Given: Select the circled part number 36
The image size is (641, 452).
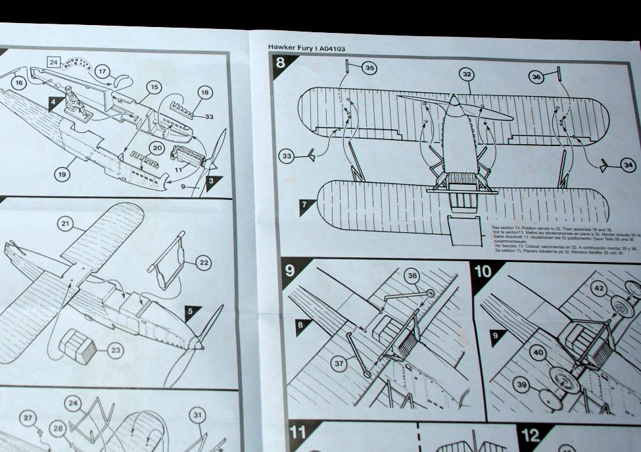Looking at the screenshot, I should (536, 77).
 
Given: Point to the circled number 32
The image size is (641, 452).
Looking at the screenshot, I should (467, 74).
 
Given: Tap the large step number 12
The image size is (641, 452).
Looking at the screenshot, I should (531, 435).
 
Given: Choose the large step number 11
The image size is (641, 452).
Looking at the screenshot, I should (298, 434).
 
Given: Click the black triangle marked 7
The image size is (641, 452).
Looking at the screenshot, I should (304, 207).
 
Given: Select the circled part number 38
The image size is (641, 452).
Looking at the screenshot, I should (412, 277).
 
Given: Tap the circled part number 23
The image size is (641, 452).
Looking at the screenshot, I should (116, 351).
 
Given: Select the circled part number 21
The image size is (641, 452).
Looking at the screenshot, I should (65, 224).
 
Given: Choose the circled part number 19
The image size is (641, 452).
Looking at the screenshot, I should (62, 174).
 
